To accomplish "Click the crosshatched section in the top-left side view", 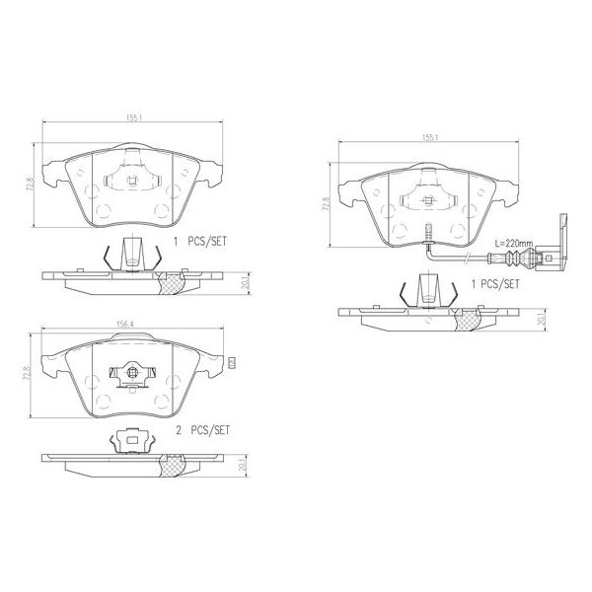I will click(x=173, y=284).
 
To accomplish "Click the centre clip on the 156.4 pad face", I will click(x=130, y=375).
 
